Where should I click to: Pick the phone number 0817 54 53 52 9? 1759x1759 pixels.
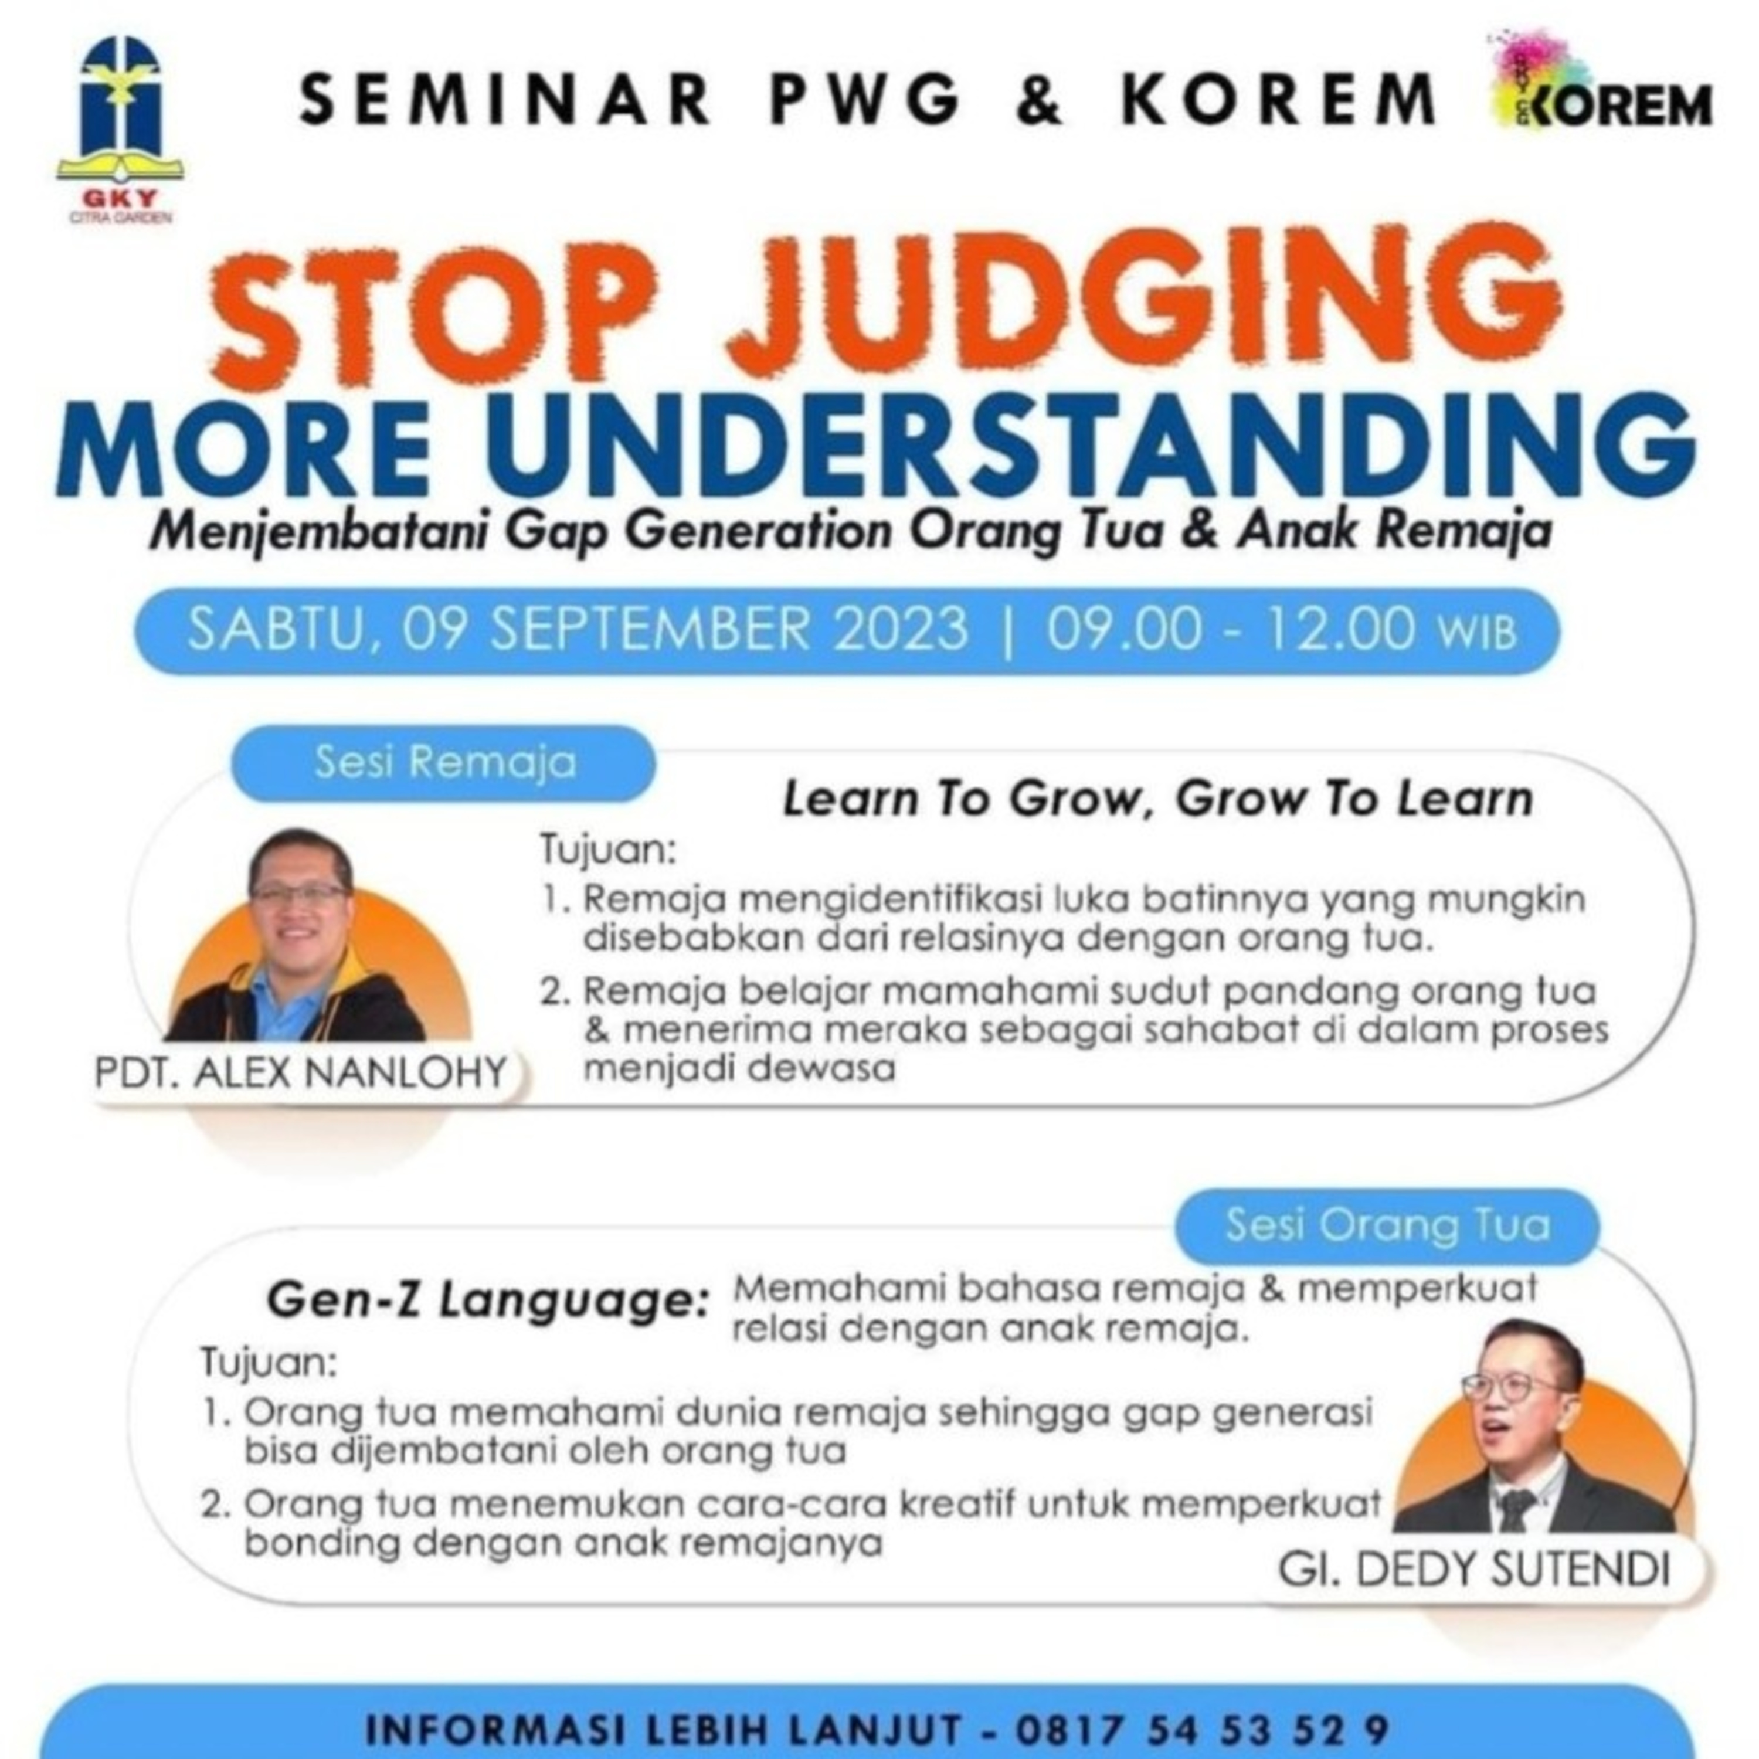tap(1202, 1728)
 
